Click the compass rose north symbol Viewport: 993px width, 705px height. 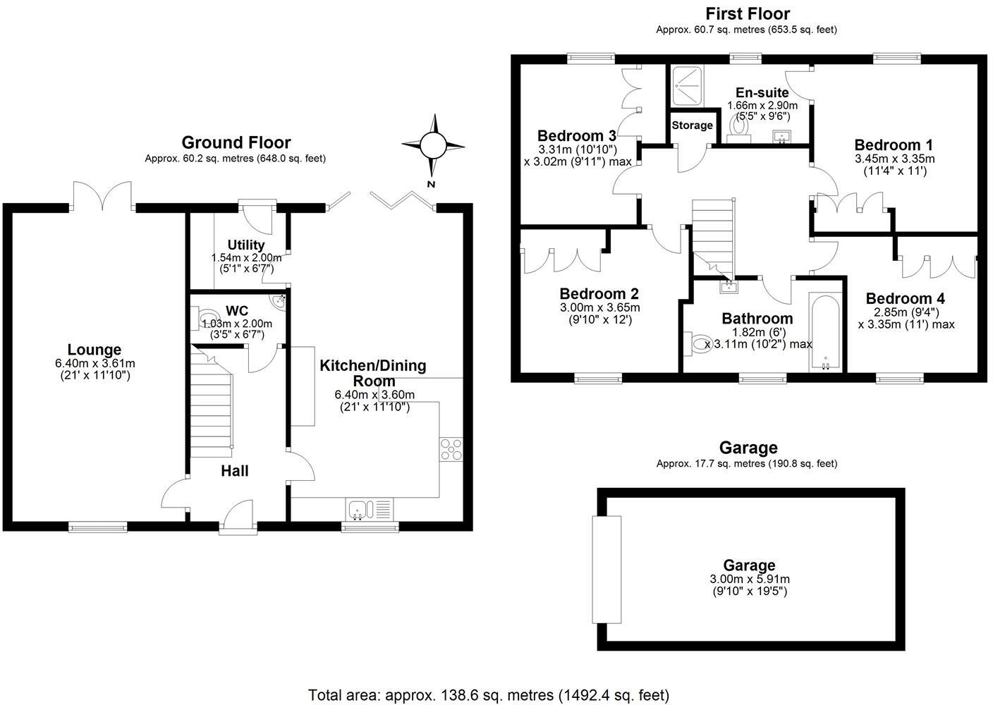coord(433,146)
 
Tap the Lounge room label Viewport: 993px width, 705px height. coord(95,350)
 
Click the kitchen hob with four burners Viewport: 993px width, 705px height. coord(451,449)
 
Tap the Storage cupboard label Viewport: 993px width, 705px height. coord(692,125)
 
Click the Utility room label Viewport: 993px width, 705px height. coord(246,245)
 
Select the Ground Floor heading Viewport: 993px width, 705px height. coord(236,143)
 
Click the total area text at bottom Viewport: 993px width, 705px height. coord(489,695)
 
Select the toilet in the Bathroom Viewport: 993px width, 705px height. coord(700,344)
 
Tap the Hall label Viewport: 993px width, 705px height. coord(235,470)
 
